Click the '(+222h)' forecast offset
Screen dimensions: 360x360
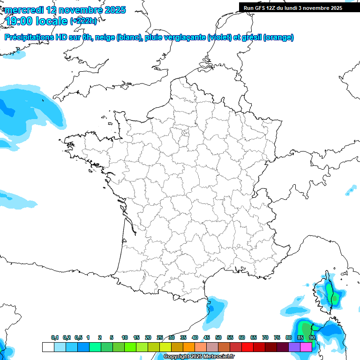83,21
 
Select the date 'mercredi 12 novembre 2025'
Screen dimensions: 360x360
65,10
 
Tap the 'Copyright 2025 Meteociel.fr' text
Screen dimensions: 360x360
199,357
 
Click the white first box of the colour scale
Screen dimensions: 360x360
47,347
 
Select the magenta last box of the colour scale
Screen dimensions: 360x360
306,347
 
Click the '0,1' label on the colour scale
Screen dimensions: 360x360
55,338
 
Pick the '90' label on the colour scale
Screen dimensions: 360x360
312,338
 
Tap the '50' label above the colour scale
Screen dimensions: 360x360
218,338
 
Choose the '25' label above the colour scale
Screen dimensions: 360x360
160,338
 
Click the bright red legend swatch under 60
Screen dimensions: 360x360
247,347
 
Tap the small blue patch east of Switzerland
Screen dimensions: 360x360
351,190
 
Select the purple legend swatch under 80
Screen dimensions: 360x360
294,347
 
